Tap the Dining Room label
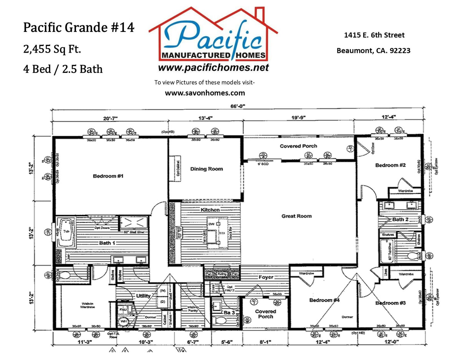tap(207, 169)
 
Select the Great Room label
tap(296, 216)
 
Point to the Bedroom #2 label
tap(390, 165)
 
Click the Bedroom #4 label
tap(324, 300)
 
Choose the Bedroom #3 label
tap(390, 303)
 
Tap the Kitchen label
tap(210, 210)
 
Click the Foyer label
tap(266, 277)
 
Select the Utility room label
tap(143, 296)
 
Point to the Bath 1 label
tap(107, 243)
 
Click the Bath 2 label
tap(400, 220)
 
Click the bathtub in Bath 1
tap(67, 232)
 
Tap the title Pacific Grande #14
tap(79, 28)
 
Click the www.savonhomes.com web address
tap(205, 93)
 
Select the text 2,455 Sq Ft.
tap(52, 49)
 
